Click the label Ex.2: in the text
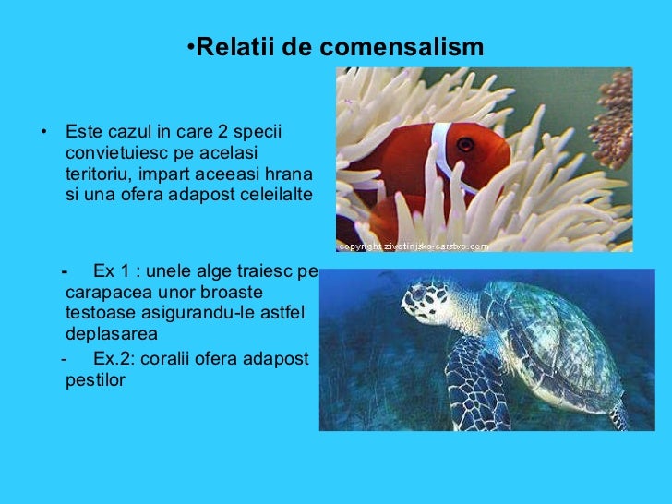tap(114, 358)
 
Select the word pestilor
tap(95, 379)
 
